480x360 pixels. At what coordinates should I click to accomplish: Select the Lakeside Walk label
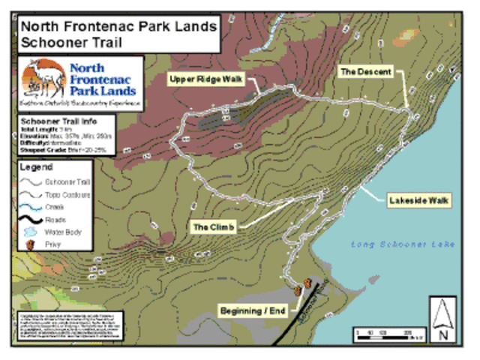pos(418,201)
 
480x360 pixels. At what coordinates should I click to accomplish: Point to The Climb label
pos(214,226)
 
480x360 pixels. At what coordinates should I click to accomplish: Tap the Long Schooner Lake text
pos(402,244)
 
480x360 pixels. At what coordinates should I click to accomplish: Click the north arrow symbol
pos(442,319)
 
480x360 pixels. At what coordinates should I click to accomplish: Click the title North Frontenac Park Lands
pos(118,27)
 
